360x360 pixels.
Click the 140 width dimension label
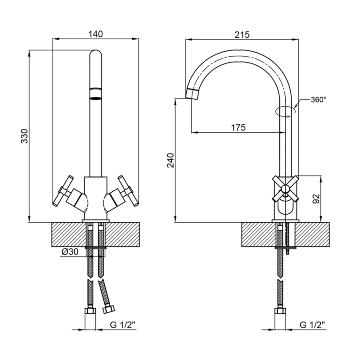(95, 34)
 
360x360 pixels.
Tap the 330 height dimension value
(24, 136)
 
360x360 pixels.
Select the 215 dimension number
(242, 35)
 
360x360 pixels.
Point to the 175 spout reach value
(238, 127)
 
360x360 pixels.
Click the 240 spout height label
(171, 160)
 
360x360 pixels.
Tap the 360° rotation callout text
(319, 99)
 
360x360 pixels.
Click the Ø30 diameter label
(70, 252)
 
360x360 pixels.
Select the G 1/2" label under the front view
(123, 325)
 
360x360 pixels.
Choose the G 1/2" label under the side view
(312, 325)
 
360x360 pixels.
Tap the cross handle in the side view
(285, 189)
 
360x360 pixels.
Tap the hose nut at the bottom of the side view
(280, 311)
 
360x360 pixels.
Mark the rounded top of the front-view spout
(96, 54)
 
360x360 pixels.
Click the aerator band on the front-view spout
(96, 94)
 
